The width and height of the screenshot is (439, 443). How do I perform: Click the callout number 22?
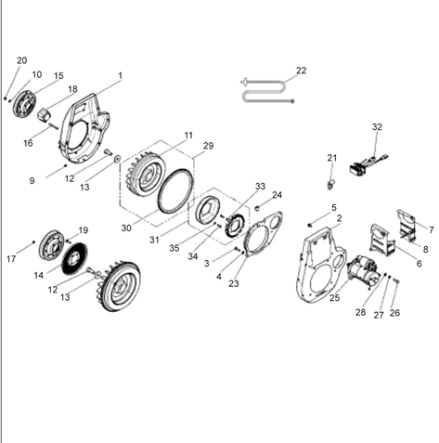pyautogui.click(x=301, y=71)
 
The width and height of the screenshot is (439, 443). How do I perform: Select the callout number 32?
pyautogui.click(x=377, y=127)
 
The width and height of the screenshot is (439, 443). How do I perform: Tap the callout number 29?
pyautogui.click(x=208, y=146)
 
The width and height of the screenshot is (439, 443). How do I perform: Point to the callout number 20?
pyautogui.click(x=21, y=60)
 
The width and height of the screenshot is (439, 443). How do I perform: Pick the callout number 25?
pyautogui.click(x=334, y=298)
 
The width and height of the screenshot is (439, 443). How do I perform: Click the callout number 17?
pyautogui.click(x=11, y=259)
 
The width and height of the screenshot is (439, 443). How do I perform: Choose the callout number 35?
pyautogui.click(x=174, y=248)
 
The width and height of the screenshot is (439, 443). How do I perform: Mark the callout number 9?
pyautogui.click(x=32, y=181)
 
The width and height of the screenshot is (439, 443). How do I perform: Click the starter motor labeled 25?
pyautogui.click(x=363, y=271)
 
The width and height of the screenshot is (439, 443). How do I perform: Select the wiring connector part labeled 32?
pyautogui.click(x=368, y=164)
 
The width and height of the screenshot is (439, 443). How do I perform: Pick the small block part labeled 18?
pyautogui.click(x=45, y=115)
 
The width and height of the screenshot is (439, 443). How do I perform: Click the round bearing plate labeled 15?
pyautogui.click(x=24, y=104)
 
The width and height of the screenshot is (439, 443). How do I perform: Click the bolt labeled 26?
pyautogui.click(x=396, y=280)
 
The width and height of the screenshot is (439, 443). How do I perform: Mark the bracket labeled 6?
pyautogui.click(x=382, y=239)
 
